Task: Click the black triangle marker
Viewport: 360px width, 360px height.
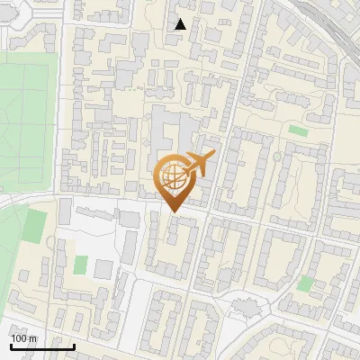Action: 181,24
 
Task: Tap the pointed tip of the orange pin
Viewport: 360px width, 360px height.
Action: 172,211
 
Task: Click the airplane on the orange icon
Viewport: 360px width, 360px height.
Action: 200,163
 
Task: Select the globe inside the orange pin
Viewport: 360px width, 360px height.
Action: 172,176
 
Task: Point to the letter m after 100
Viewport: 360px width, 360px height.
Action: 33,338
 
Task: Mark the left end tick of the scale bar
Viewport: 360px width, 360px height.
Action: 10,345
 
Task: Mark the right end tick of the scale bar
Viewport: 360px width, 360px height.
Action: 74,345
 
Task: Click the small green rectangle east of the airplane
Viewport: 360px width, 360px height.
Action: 298,130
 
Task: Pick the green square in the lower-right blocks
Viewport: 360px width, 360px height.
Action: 305,283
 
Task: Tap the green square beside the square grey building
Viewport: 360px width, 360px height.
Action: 81,265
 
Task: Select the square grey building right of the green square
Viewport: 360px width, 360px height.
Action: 103,269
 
